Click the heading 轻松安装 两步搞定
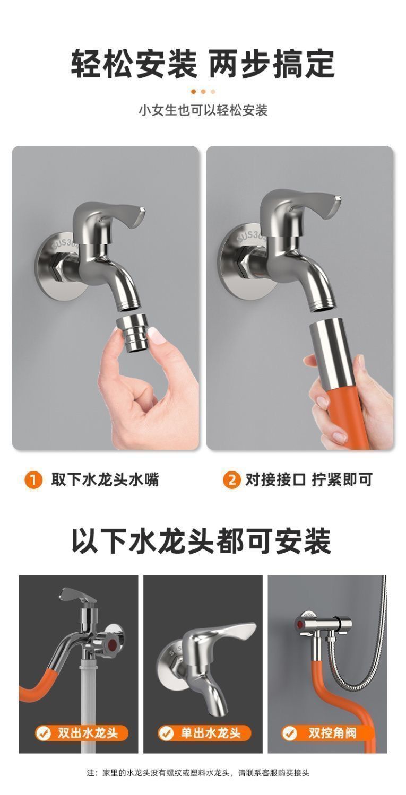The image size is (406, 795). click(x=203, y=64)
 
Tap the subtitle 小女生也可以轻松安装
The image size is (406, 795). click(x=203, y=110)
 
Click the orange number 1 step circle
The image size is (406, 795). click(x=33, y=481)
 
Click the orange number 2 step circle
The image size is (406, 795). click(x=231, y=481)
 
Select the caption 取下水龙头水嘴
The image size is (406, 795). click(x=105, y=480)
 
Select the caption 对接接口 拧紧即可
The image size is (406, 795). click(x=308, y=480)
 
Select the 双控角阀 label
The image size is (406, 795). click(x=326, y=733)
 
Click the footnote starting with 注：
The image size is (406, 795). click(x=203, y=773)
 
